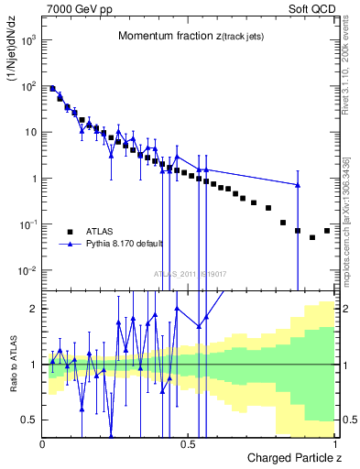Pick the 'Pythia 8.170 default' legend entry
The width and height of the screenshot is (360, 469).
coord(114,245)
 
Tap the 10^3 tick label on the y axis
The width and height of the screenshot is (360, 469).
coord(29,41)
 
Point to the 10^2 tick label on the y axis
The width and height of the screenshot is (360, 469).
coord(29,87)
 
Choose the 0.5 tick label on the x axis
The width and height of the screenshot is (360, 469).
coord(189,443)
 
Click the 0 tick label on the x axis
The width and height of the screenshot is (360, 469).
coord(42,443)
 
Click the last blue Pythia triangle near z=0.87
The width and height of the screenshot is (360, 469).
coord(298,185)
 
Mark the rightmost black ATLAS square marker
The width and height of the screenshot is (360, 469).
coord(327,231)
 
